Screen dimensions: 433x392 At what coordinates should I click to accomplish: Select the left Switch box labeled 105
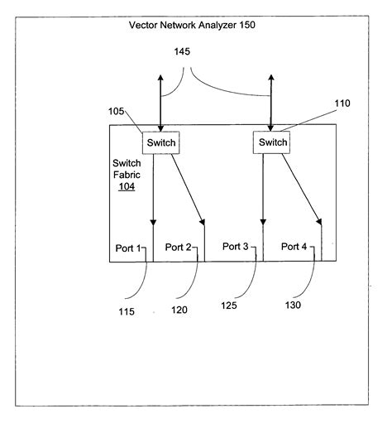pyautogui.click(x=160, y=142)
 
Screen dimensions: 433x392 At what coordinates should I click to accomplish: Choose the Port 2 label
pyautogui.click(x=179, y=247)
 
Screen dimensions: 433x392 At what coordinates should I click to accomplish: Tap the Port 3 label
pyautogui.click(x=237, y=246)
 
